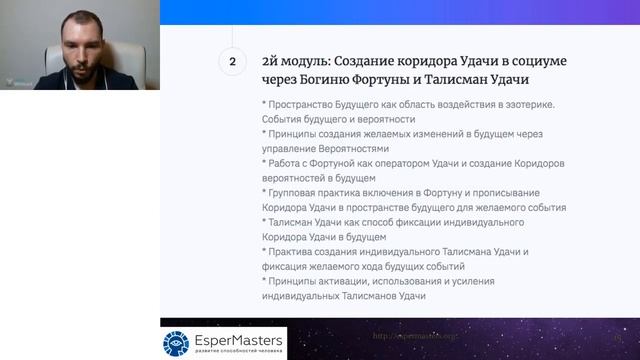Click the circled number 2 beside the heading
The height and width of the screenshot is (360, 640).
pyautogui.click(x=232, y=61)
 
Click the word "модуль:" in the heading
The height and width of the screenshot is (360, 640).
pyautogui.click(x=305, y=61)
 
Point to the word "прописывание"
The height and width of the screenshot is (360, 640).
pyautogui.click(x=526, y=192)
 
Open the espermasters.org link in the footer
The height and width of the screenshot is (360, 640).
pyautogui.click(x=414, y=336)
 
